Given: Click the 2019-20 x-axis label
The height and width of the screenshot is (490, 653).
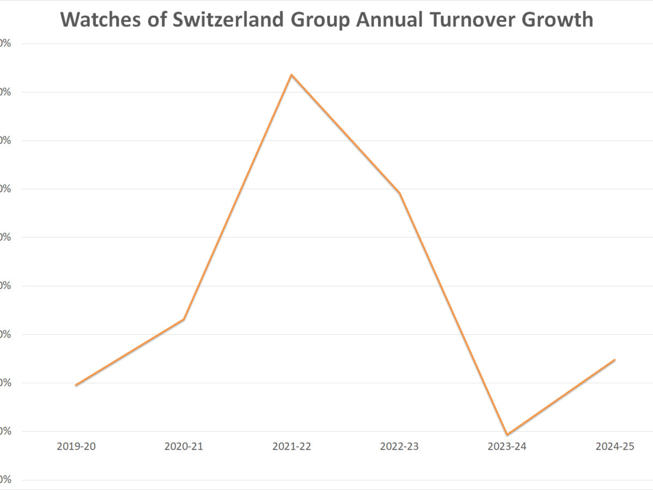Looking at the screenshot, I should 76,446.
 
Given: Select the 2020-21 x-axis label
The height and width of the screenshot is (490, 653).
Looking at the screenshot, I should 184,446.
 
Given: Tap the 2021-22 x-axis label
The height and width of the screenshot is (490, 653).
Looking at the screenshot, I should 292,446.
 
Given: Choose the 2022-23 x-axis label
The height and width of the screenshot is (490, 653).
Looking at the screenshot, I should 399,446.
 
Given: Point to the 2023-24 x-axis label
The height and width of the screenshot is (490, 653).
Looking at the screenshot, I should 507,446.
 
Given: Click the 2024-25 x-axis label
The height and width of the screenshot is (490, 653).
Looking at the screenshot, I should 615,446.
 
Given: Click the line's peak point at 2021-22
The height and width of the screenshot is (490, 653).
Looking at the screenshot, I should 292,75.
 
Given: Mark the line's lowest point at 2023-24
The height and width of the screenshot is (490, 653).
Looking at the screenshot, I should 507,434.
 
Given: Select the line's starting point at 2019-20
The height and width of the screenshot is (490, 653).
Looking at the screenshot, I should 76,385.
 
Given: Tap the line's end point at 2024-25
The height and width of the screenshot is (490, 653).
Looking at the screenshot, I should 614,360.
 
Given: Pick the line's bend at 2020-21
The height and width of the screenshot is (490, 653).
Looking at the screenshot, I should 184,319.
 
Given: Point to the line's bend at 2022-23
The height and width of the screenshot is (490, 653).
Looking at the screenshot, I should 399,193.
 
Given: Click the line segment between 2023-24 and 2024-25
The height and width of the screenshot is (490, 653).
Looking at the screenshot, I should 560,397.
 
